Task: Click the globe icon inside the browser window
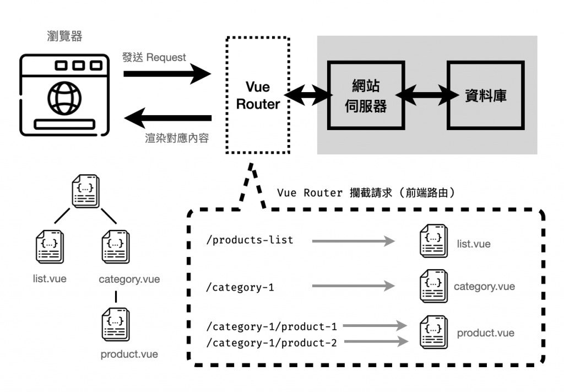point(64,97)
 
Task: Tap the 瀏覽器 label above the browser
point(64,36)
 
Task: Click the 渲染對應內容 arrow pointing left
point(167,117)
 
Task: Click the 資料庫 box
point(485,95)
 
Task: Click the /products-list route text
point(250,240)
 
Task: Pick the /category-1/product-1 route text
point(271,326)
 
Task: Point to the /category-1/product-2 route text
point(271,342)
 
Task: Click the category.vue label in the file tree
point(129,279)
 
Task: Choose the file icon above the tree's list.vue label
point(50,246)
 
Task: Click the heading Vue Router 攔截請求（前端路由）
point(367,193)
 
